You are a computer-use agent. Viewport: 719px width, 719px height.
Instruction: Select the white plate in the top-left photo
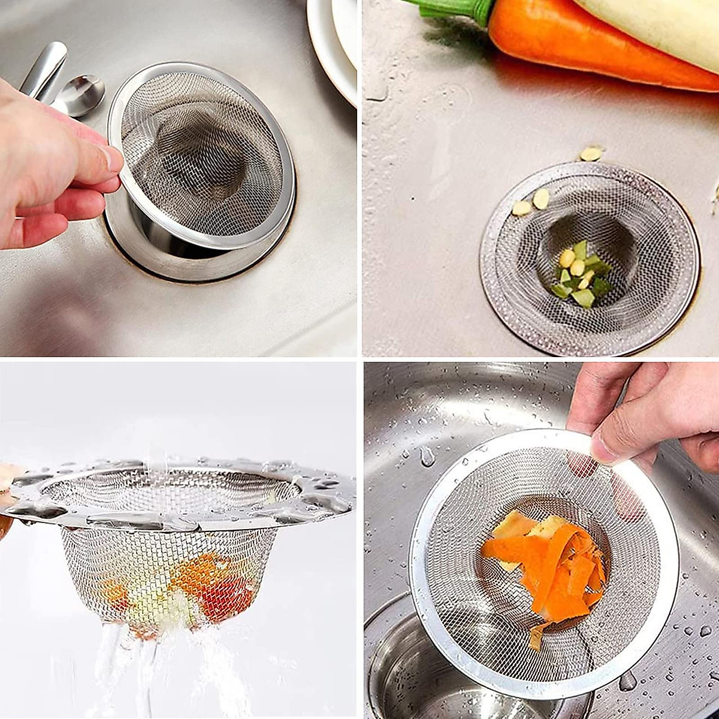pos(333,42)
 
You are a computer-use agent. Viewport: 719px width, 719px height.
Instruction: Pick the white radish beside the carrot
pos(653,24)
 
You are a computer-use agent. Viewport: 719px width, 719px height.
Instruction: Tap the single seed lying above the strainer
pos(591,154)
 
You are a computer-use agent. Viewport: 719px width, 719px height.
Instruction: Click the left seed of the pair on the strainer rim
pos(521,208)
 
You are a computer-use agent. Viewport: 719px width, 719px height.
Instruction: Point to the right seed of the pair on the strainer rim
pos(541,198)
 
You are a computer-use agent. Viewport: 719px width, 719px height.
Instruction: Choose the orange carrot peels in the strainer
pos(551,563)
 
